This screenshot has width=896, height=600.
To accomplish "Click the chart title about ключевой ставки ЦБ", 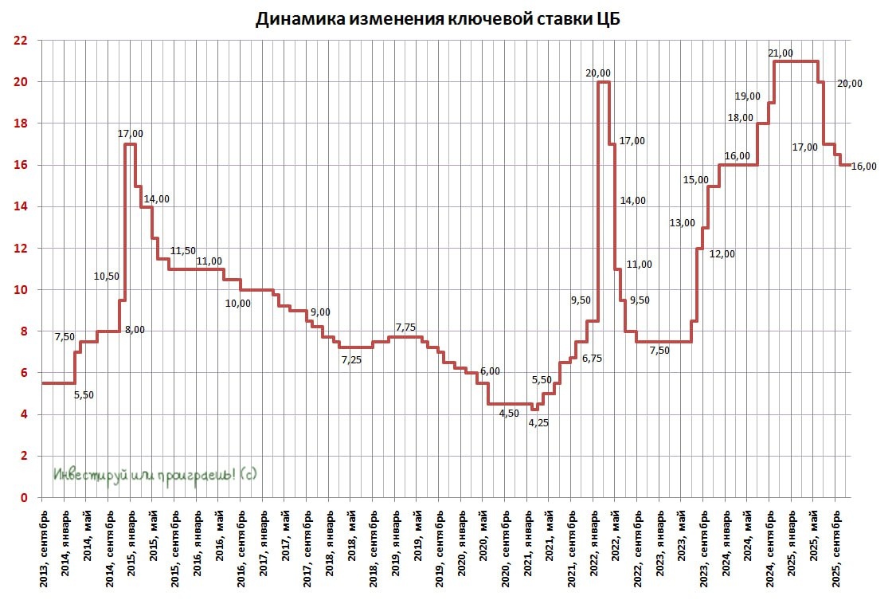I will point(436,19).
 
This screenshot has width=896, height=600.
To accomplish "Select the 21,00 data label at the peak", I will point(781,53).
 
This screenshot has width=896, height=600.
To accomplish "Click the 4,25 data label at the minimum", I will point(539,423).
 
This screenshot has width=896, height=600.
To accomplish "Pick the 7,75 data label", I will point(406,327).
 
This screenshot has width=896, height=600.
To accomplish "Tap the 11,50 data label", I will point(182,251).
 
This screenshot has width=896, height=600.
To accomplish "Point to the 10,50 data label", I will point(106,276).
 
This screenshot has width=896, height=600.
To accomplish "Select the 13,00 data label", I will point(683,223).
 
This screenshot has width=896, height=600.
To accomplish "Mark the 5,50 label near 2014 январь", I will point(84,394).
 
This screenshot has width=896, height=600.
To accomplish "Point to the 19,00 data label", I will point(747,96).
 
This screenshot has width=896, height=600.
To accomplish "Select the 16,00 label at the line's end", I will point(863,167).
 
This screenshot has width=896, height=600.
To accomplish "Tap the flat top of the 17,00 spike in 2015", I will point(130,144).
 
